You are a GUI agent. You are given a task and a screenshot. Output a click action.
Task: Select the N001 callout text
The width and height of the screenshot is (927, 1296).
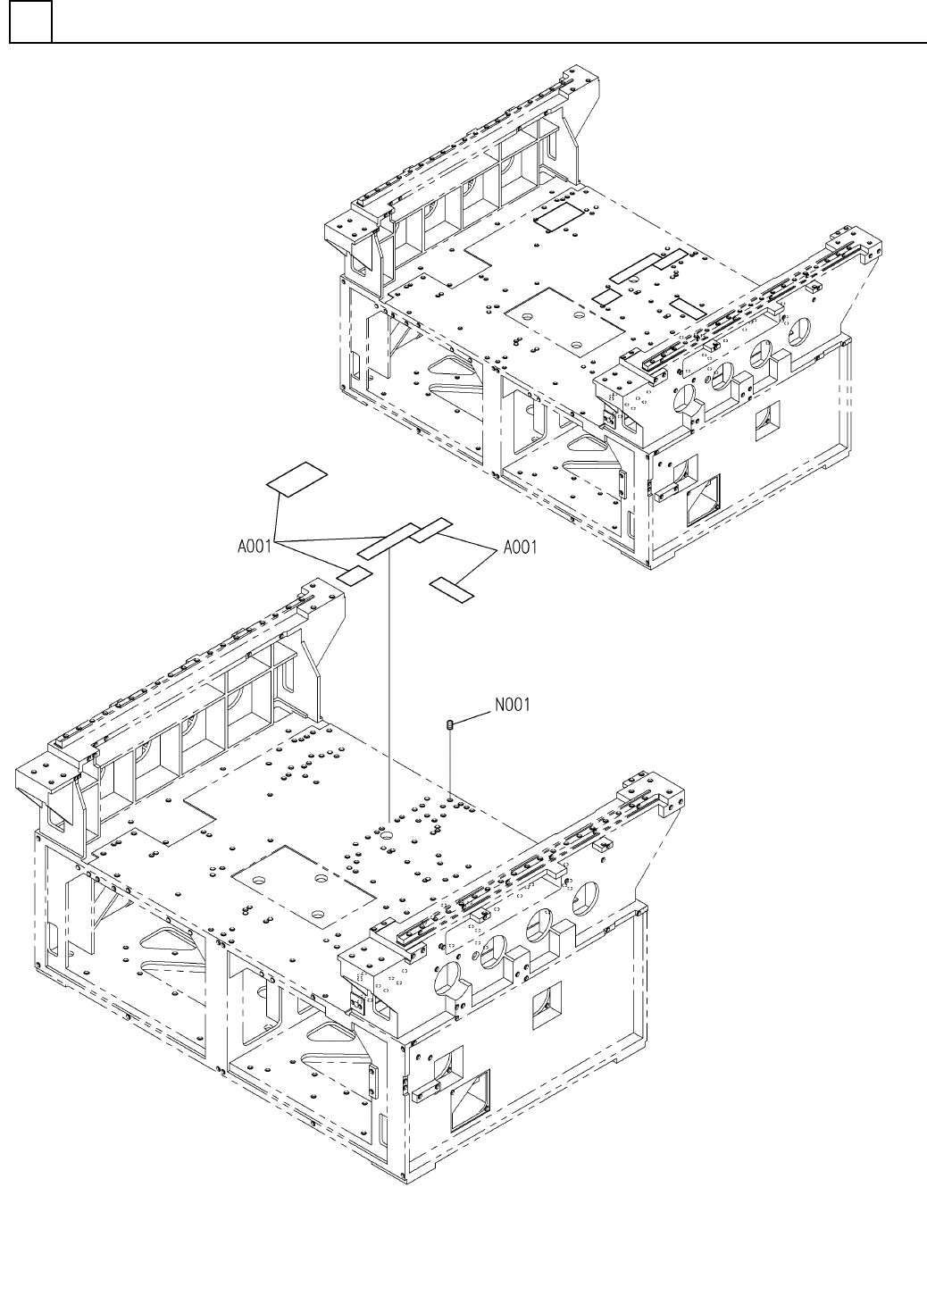pos(513,705)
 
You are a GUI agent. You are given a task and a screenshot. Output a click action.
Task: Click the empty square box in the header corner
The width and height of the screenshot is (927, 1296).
pos(30,22)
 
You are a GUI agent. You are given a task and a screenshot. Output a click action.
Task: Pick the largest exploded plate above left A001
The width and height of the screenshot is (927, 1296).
pos(298,478)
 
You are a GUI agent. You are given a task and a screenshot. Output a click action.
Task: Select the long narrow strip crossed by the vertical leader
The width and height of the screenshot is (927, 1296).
pos(389,540)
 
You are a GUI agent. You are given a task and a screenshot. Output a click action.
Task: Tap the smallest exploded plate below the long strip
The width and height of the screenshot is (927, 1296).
pos(355,575)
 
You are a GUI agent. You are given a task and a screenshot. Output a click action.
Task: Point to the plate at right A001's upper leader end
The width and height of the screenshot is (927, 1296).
pos(433,529)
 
